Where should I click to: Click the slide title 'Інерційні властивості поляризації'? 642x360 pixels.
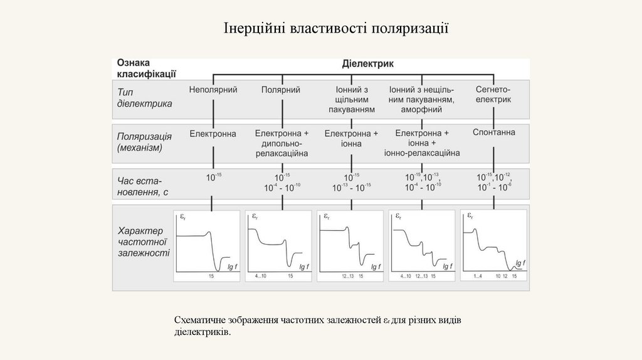[337, 29]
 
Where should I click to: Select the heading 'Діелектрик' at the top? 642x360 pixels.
[367, 63]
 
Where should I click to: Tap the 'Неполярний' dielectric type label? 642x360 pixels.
[213, 90]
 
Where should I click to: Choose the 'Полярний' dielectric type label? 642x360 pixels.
[281, 90]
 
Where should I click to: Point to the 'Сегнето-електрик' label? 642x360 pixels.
[493, 95]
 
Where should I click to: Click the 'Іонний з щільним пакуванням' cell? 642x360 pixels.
[352, 99]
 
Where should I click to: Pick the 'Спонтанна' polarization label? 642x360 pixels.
[493, 132]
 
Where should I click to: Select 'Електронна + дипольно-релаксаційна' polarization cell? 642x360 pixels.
[282, 143]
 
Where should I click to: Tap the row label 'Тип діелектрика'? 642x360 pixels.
[144, 97]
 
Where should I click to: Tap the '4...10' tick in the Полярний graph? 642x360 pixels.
[260, 276]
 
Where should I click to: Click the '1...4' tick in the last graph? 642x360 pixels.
[477, 276]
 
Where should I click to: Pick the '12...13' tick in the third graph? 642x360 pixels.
[348, 276]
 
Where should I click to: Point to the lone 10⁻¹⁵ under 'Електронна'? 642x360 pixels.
[214, 177]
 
